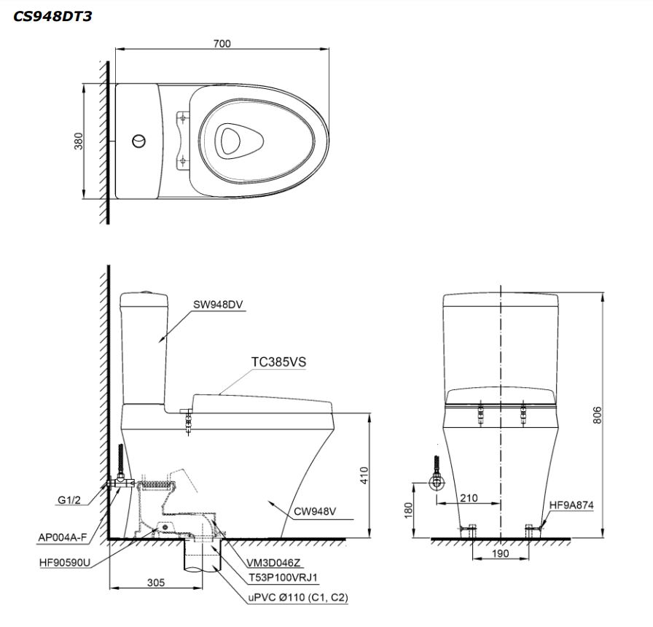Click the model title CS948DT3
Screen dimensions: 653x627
(52, 16)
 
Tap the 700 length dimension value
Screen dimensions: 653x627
(222, 43)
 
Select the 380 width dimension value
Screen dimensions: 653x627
(78, 141)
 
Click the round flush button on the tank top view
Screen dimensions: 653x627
(139, 141)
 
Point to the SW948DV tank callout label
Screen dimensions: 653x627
(218, 305)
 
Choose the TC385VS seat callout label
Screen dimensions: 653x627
(278, 362)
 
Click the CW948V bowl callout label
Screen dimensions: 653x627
(315, 512)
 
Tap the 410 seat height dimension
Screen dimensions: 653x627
(364, 475)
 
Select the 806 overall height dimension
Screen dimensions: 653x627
(597, 416)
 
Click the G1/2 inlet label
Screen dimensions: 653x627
(69, 500)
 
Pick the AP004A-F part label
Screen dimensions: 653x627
(63, 537)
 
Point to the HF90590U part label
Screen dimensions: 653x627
(65, 563)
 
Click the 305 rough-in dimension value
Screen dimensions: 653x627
(156, 583)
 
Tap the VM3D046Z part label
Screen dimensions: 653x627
(273, 563)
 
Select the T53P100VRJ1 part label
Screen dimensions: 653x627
(284, 578)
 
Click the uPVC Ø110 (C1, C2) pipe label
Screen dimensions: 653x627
(298, 597)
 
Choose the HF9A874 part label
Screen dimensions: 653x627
(571, 505)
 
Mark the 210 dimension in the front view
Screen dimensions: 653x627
(469, 498)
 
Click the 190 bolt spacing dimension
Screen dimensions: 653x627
(500, 553)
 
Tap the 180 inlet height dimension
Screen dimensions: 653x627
(408, 511)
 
